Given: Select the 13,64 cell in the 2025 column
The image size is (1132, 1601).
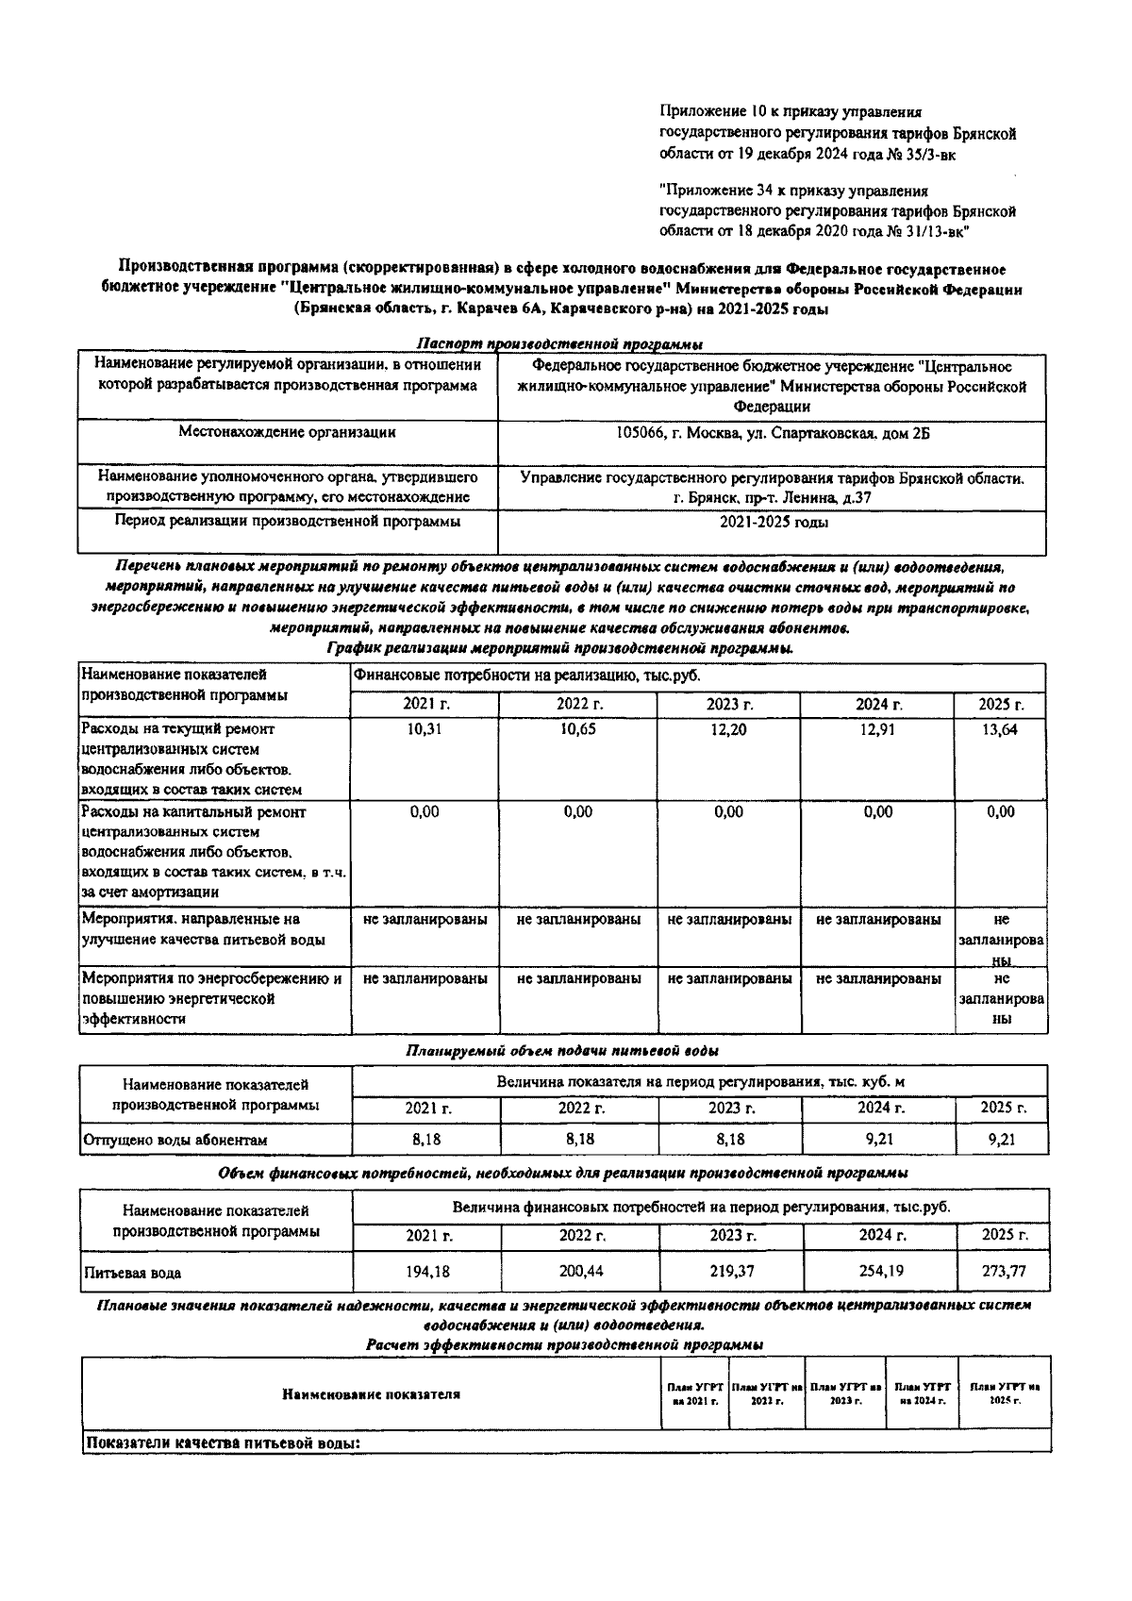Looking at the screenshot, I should coord(1000,730).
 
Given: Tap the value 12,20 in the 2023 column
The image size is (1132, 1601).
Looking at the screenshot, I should coord(728,730).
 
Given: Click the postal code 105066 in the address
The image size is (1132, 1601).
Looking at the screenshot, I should coord(639,433).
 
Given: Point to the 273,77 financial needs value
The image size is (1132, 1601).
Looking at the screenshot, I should coord(1003,1271).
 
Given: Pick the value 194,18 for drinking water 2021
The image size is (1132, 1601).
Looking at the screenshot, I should coord(427,1272).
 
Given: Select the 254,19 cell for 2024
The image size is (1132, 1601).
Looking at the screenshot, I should coord(880,1271).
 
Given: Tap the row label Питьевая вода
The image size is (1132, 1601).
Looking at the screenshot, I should coord(132,1273).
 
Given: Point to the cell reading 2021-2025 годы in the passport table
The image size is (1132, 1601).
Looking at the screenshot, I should coord(774,522).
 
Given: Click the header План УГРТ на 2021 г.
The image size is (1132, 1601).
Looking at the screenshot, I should coord(694,1394).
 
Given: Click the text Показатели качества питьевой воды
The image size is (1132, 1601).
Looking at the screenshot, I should coord(225,1443).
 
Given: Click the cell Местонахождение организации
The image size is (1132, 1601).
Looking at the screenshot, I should coord(287,433).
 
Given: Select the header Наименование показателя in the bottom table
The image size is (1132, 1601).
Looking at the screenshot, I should coord(371,1394).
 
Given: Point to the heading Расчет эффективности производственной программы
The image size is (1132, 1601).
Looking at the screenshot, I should coord(564,1344).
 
